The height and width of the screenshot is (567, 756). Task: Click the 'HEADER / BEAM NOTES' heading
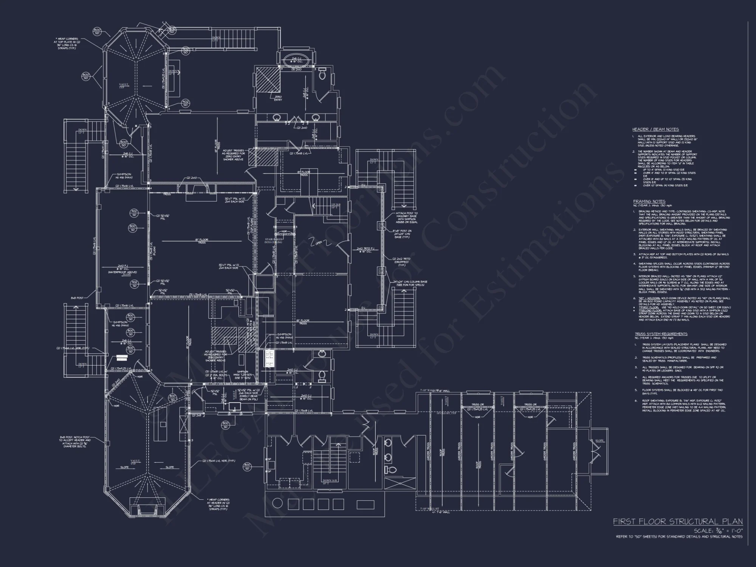pos(655,130)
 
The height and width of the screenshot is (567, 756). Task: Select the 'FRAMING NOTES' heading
pos(649,201)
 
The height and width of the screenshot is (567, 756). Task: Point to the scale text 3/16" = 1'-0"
pos(718,531)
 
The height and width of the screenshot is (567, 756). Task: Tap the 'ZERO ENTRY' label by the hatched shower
pos(278,98)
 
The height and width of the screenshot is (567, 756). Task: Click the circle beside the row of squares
pos(278,503)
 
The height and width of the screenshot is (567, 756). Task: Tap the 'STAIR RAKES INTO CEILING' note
pos(274,241)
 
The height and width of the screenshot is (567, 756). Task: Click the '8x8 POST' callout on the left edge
pos(77,298)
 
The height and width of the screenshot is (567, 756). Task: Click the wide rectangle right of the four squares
pos(365,505)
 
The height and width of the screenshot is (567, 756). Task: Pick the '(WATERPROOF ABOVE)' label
pos(122,272)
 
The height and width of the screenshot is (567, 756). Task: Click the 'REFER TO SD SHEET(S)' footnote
pos(679,536)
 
